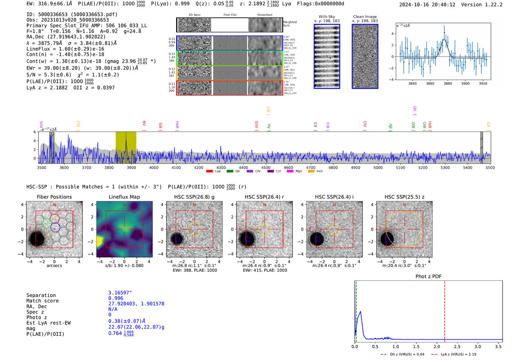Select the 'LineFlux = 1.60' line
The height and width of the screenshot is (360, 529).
(x=65, y=49)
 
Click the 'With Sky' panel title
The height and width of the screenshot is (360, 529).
(x=327, y=17)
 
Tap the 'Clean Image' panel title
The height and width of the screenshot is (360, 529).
(x=365, y=17)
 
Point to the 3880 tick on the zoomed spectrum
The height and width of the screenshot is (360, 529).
(x=448, y=83)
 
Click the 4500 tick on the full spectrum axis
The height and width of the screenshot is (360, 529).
(x=266, y=168)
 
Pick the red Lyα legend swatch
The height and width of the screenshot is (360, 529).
(x=209, y=172)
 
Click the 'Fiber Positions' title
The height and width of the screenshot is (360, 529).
(x=54, y=197)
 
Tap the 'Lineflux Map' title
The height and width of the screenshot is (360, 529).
(x=124, y=197)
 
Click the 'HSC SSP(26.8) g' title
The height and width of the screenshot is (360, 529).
(x=194, y=197)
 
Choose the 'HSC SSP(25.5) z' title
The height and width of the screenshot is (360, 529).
(x=404, y=197)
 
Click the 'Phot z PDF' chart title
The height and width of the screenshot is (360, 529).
(x=428, y=277)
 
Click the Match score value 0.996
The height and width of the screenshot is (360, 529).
(x=116, y=298)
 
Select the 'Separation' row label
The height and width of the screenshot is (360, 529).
(x=41, y=295)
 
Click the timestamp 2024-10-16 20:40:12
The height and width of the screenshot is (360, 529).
(x=427, y=5)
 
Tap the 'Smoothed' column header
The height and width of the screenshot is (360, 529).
(x=264, y=15)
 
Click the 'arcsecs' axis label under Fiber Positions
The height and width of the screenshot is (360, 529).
(x=54, y=266)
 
